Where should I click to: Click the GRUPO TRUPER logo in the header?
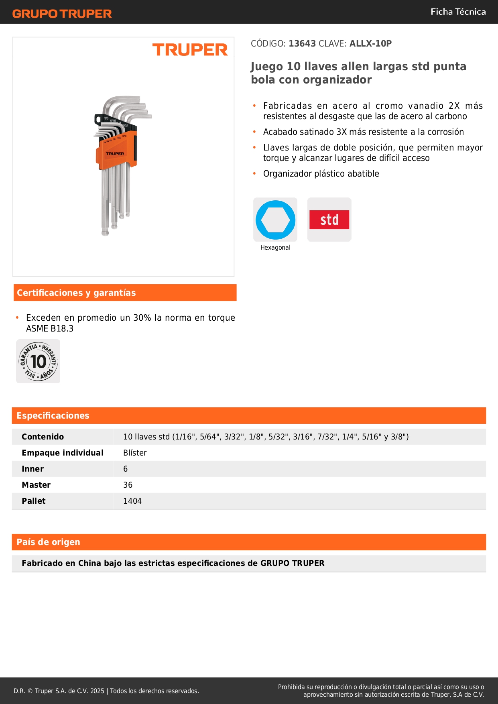62,14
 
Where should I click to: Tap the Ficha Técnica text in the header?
458,12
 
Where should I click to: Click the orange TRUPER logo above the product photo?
190,50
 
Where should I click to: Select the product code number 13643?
302,43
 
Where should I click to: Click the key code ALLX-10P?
370,43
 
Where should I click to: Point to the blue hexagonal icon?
275,220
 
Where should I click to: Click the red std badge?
329,220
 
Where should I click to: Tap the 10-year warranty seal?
38,361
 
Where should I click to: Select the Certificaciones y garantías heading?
76,293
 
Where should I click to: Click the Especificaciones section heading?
53,415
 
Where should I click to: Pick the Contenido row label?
43,437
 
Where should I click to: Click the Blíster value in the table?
135,453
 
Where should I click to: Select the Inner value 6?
126,469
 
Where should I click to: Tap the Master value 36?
128,485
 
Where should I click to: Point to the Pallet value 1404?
132,501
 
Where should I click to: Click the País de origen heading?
48,542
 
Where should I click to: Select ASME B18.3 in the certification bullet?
50,328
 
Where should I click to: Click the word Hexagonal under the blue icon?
275,248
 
